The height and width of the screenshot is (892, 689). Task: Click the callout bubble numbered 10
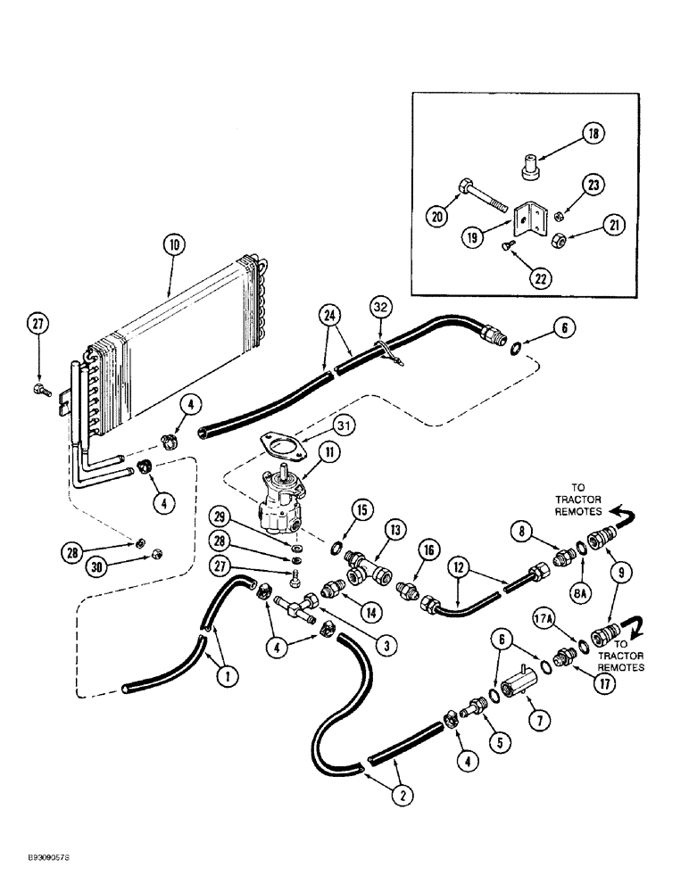[174, 244]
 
